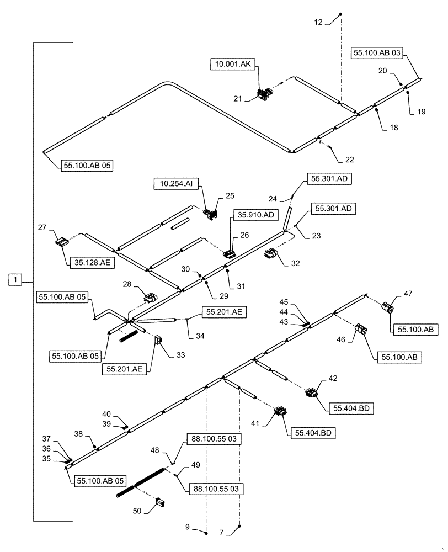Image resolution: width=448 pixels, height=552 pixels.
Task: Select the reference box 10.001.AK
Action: pos(231,65)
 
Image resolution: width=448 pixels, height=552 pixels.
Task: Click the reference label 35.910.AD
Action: pos(256,214)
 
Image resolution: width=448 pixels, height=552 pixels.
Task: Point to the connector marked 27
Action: pos(63,242)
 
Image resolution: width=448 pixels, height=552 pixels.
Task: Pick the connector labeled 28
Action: pos(150,300)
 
